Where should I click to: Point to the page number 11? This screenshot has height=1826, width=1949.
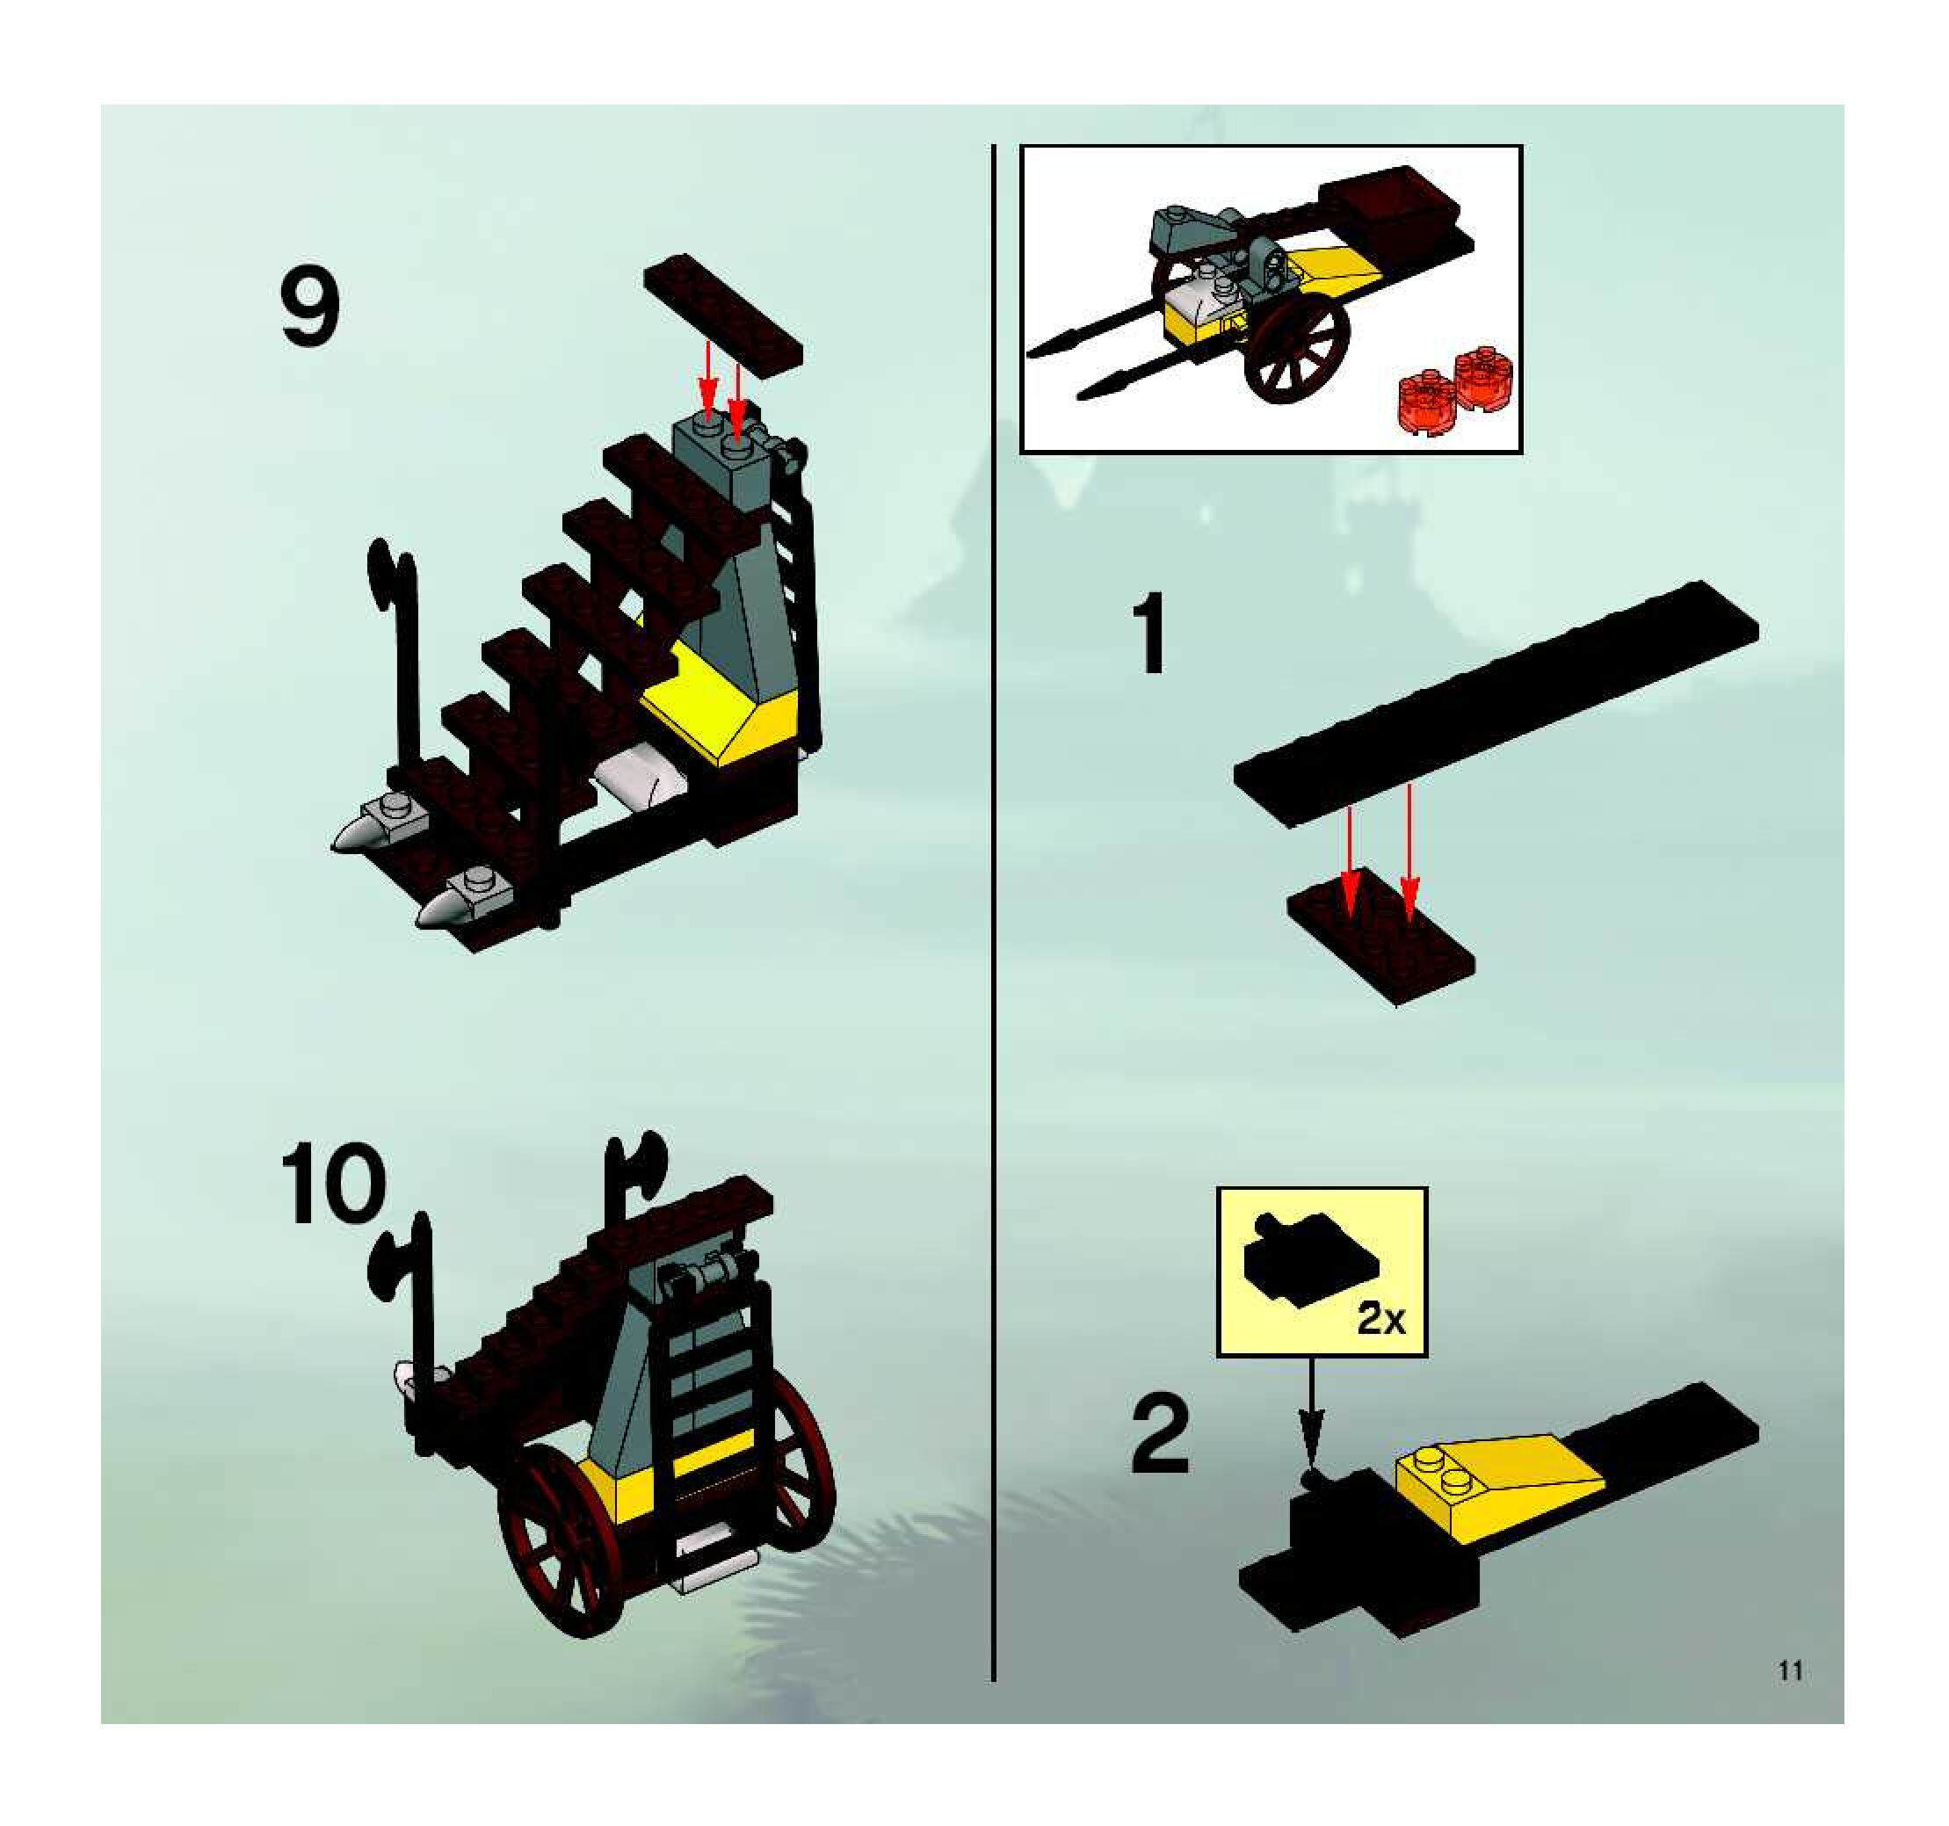(1791, 1670)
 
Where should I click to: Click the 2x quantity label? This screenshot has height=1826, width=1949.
(1381, 1320)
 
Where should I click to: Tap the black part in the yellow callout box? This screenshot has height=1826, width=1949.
(1311, 1262)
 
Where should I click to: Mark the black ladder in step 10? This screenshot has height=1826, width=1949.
(710, 1415)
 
